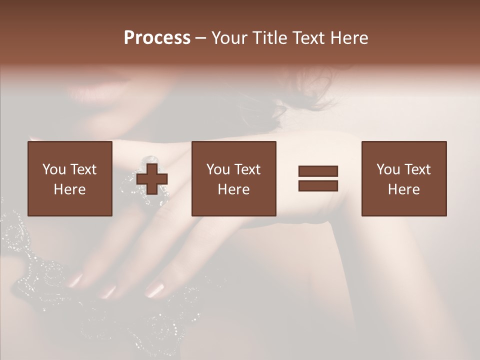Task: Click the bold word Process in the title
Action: (157, 38)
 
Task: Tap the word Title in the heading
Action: (271, 38)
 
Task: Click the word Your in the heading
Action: (230, 38)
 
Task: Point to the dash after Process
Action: (201, 38)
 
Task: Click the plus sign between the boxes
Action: (152, 179)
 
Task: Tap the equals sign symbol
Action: (318, 178)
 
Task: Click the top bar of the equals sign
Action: (318, 171)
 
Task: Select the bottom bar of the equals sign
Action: (318, 185)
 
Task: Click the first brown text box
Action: (69, 178)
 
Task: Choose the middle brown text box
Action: (233, 178)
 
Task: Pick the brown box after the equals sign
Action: (403, 178)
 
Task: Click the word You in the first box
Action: (54, 169)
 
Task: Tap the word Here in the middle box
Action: (233, 189)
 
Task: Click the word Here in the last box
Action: (403, 189)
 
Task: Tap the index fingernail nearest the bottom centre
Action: (155, 289)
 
